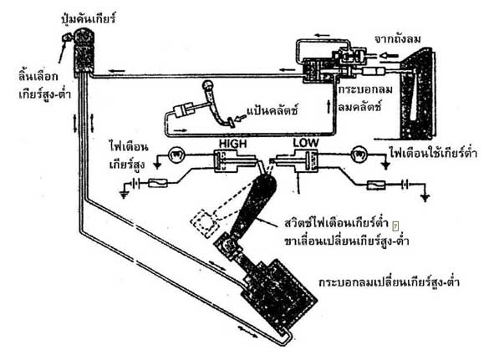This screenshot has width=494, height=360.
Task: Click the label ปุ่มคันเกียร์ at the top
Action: [x=89, y=18]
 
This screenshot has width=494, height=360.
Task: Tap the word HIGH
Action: [x=233, y=144]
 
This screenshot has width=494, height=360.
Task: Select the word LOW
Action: [x=306, y=143]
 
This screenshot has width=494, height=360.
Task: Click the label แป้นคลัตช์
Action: [x=272, y=110]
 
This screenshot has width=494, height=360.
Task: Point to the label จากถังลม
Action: [x=397, y=39]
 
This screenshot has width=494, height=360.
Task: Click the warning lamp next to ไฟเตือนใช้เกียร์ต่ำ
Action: [x=359, y=155]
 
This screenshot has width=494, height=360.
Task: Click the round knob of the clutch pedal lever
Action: [x=208, y=85]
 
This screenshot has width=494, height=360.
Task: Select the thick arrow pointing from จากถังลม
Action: [x=389, y=56]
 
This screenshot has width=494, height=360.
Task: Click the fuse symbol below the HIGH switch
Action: [x=157, y=183]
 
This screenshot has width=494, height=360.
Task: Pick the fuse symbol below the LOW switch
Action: [x=376, y=185]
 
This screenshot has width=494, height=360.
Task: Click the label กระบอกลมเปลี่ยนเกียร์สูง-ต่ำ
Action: [x=389, y=281]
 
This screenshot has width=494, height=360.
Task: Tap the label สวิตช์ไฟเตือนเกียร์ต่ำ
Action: [x=335, y=223]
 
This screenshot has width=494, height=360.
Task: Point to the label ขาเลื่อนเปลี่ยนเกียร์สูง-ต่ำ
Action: [x=347, y=241]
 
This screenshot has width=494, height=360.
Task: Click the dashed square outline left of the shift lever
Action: [x=205, y=223]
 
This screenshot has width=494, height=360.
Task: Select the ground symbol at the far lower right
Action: [x=425, y=197]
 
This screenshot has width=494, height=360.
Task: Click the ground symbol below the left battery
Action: [x=125, y=195]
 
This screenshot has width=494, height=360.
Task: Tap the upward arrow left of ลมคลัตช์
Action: [x=328, y=106]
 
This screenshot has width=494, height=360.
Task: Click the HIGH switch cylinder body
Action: [x=226, y=161]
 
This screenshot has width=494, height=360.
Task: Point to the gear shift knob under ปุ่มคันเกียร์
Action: [x=84, y=52]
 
